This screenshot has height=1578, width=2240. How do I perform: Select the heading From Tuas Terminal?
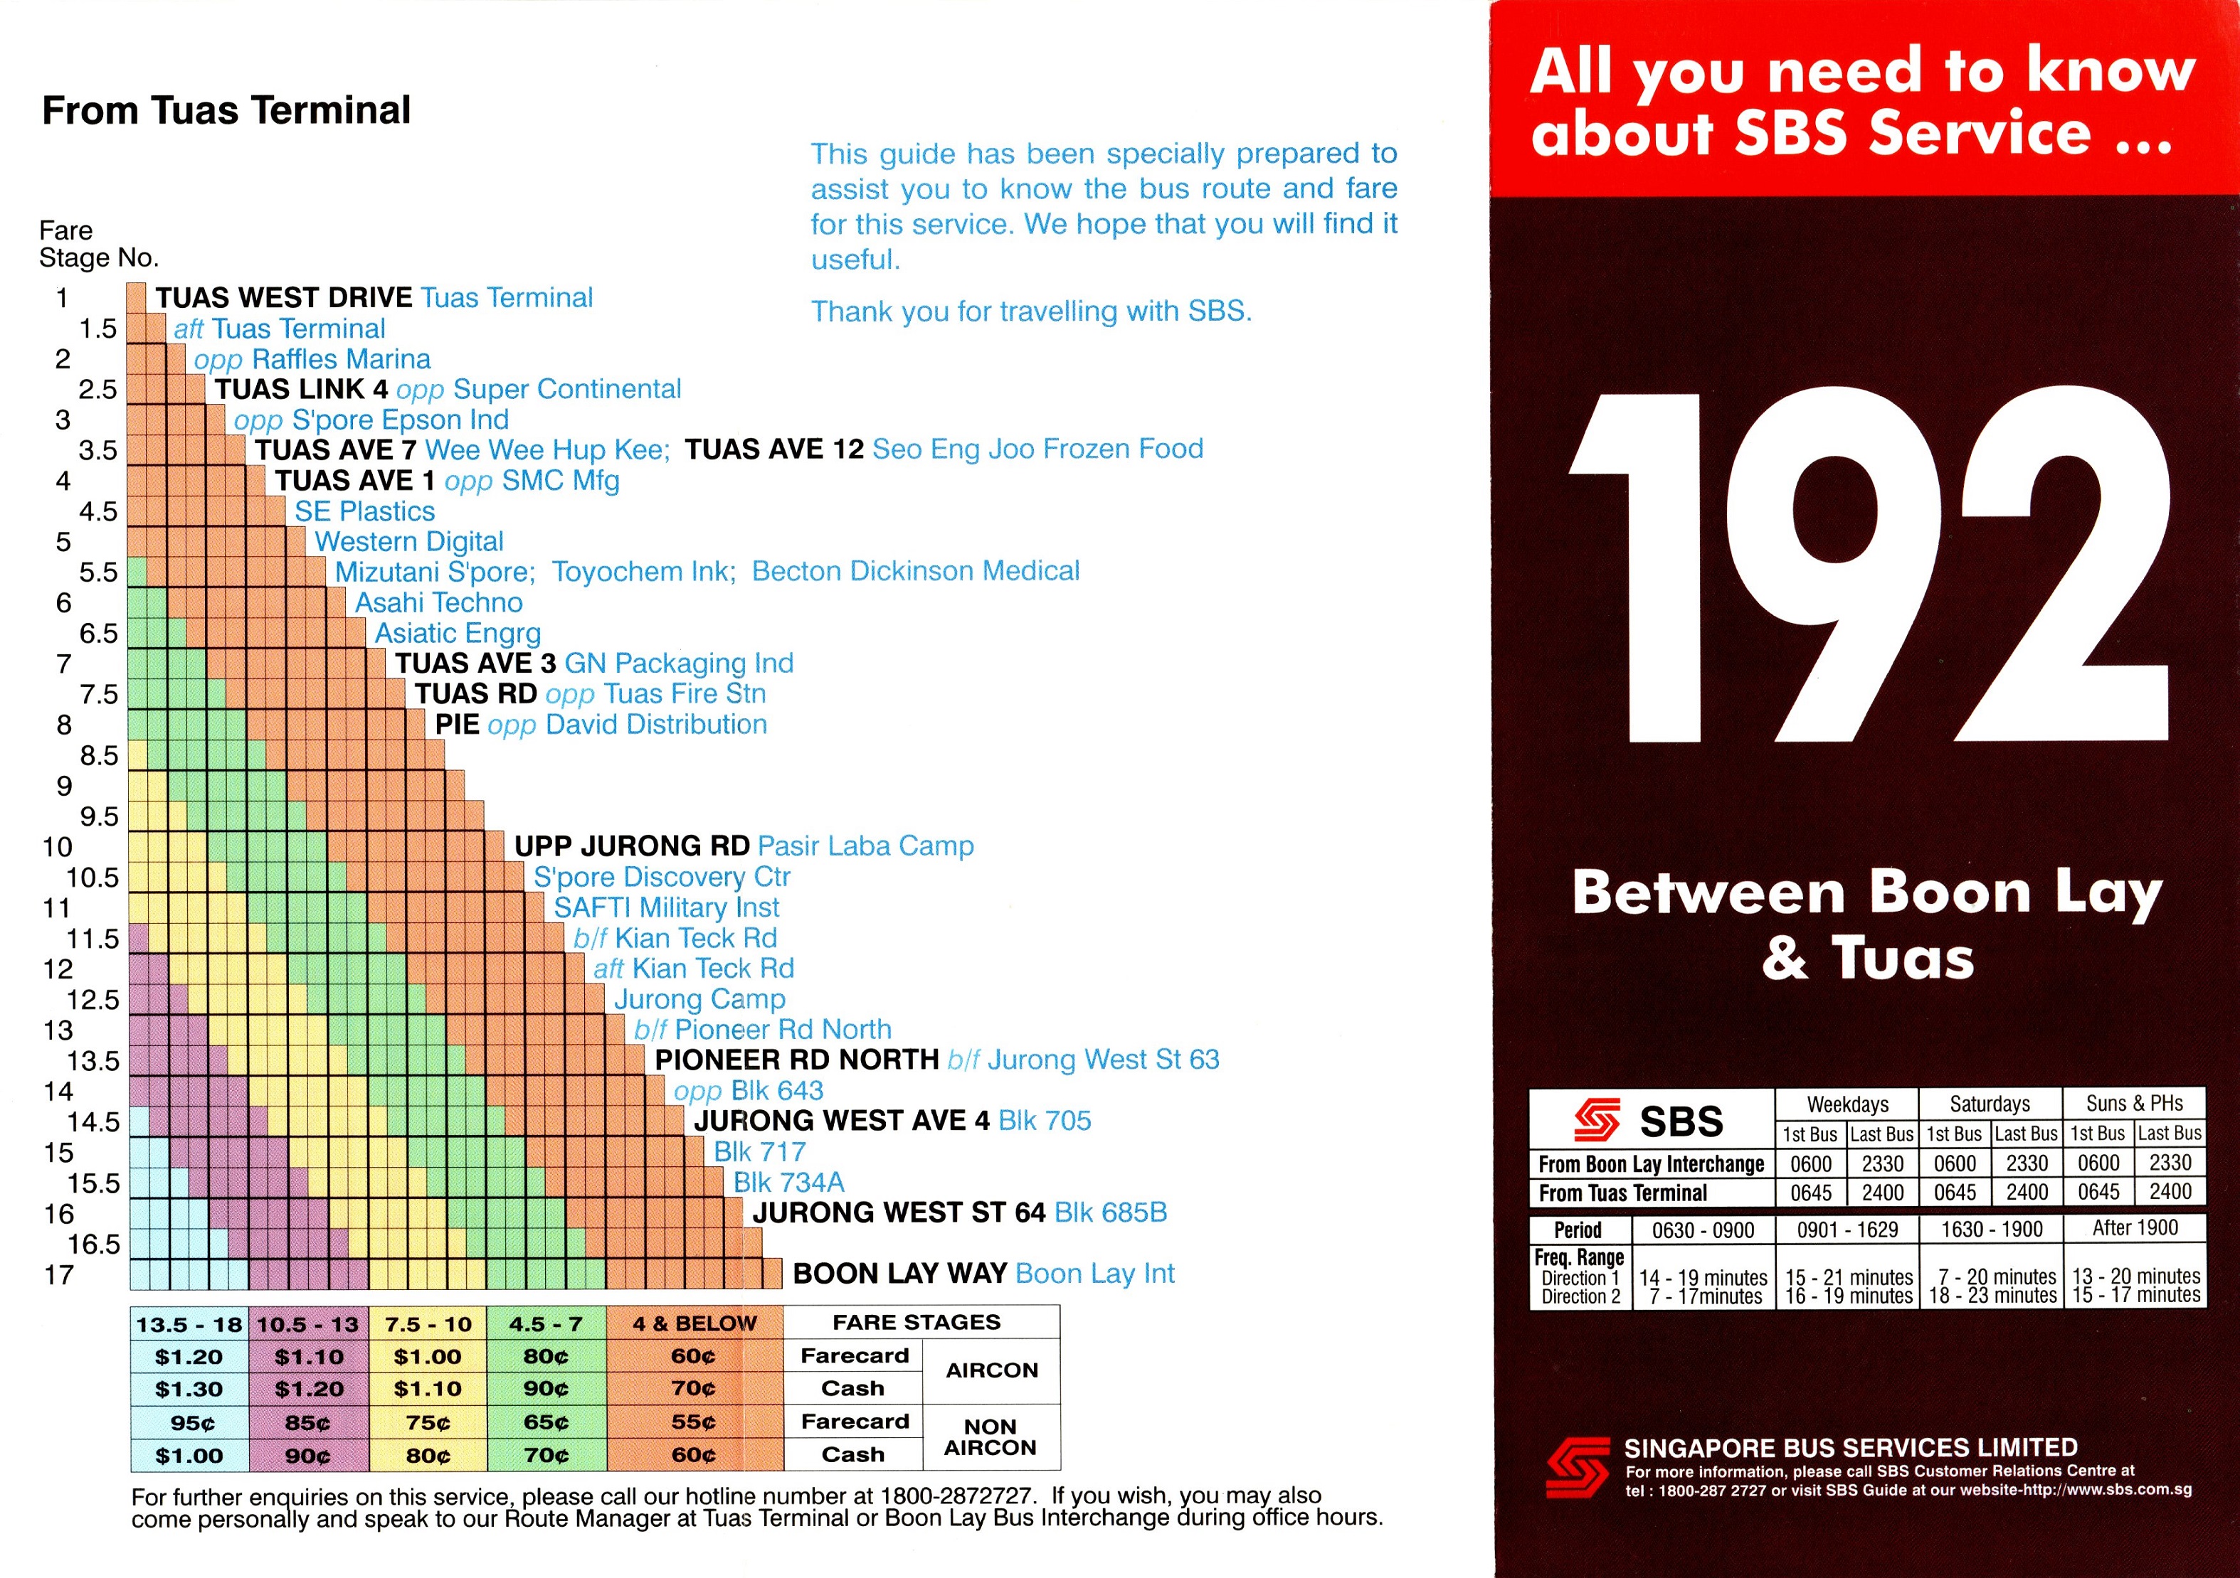226,110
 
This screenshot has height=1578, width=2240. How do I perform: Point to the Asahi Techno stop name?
438,603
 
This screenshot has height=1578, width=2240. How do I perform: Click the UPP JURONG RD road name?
631,846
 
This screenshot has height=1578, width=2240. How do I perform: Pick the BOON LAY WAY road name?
899,1273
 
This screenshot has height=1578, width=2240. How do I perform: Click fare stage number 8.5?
98,756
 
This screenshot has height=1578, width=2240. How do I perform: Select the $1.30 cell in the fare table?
189,1389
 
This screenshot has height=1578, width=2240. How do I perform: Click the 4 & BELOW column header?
694,1323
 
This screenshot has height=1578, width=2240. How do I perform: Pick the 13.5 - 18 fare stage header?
189,1324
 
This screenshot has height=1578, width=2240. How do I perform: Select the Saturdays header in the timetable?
1990,1104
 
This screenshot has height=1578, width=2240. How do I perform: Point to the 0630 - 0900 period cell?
1703,1230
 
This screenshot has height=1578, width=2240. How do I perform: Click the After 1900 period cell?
2135,1228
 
